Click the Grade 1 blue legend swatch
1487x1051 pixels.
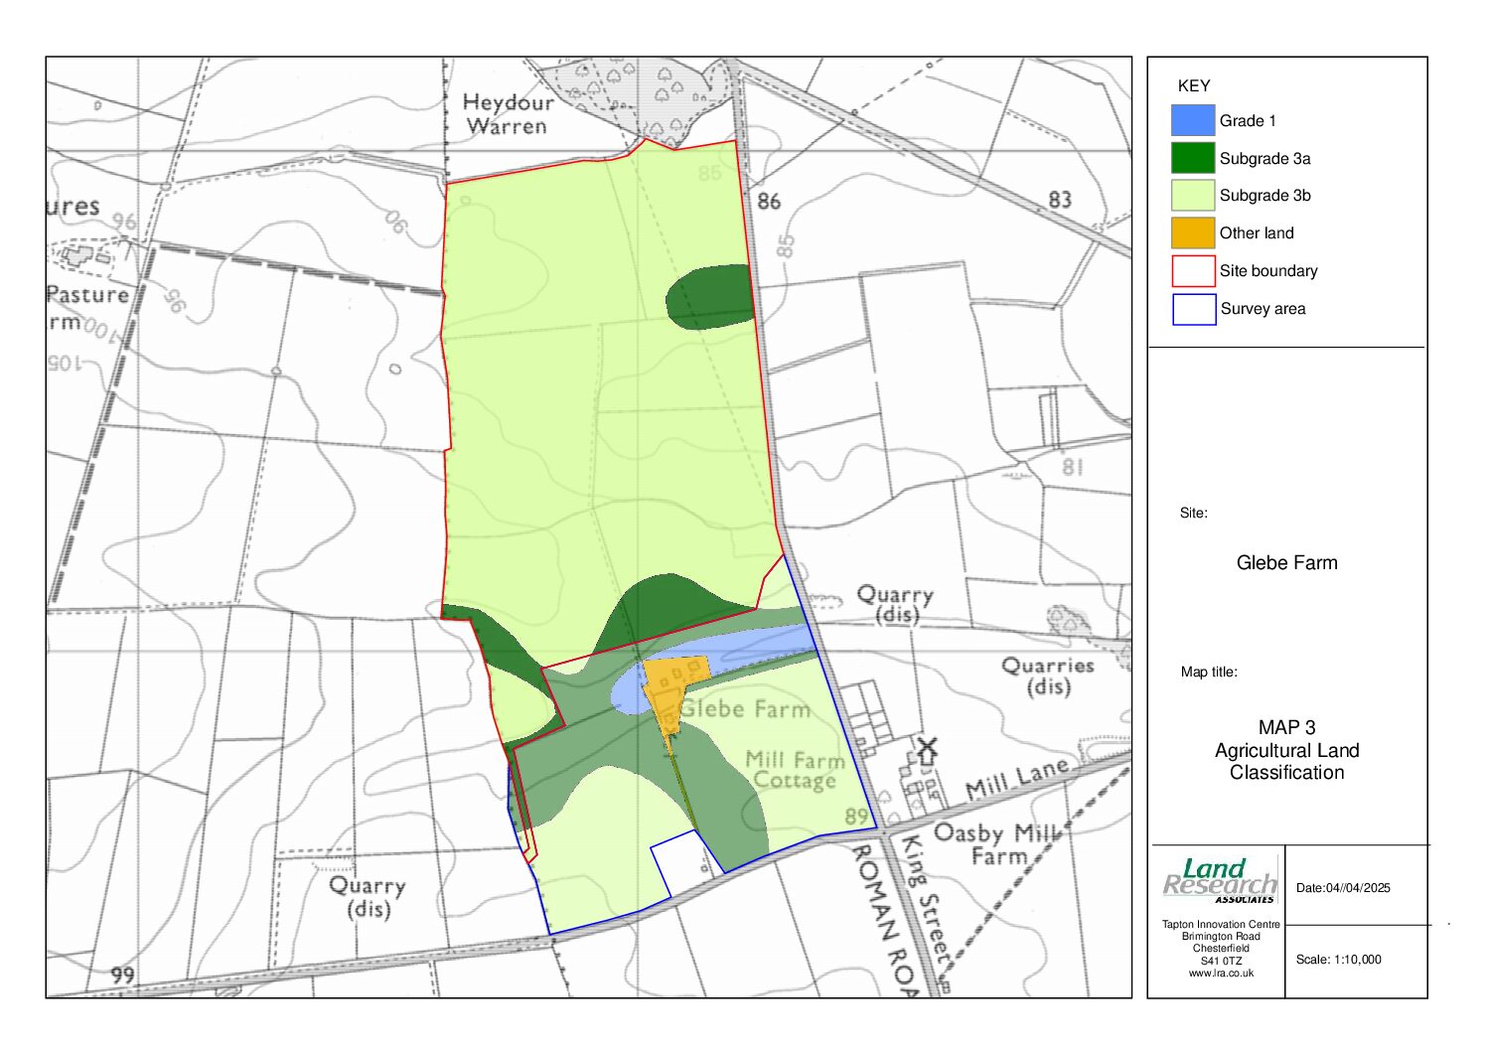[x=1193, y=120]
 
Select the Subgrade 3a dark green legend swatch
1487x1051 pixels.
[x=1193, y=158]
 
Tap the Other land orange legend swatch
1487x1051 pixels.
[x=1193, y=232]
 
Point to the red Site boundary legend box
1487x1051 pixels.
[x=1193, y=271]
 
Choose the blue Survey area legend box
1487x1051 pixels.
[x=1193, y=309]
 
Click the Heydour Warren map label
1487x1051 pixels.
[x=507, y=114]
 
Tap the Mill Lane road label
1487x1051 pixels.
[x=1019, y=778]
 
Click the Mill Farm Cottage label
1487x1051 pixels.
[x=795, y=770]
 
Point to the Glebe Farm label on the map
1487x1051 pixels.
[x=745, y=709]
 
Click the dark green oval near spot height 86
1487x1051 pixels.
[x=709, y=296]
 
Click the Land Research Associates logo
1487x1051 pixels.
[x=1220, y=881]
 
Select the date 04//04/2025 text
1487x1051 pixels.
[x=1343, y=888]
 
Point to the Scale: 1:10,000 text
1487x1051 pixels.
[x=1338, y=960]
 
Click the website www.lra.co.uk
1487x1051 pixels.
[x=1221, y=974]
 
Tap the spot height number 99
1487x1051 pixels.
[x=122, y=975]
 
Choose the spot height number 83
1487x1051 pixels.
[x=1060, y=200]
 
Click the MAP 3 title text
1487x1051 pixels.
[x=1286, y=728]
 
